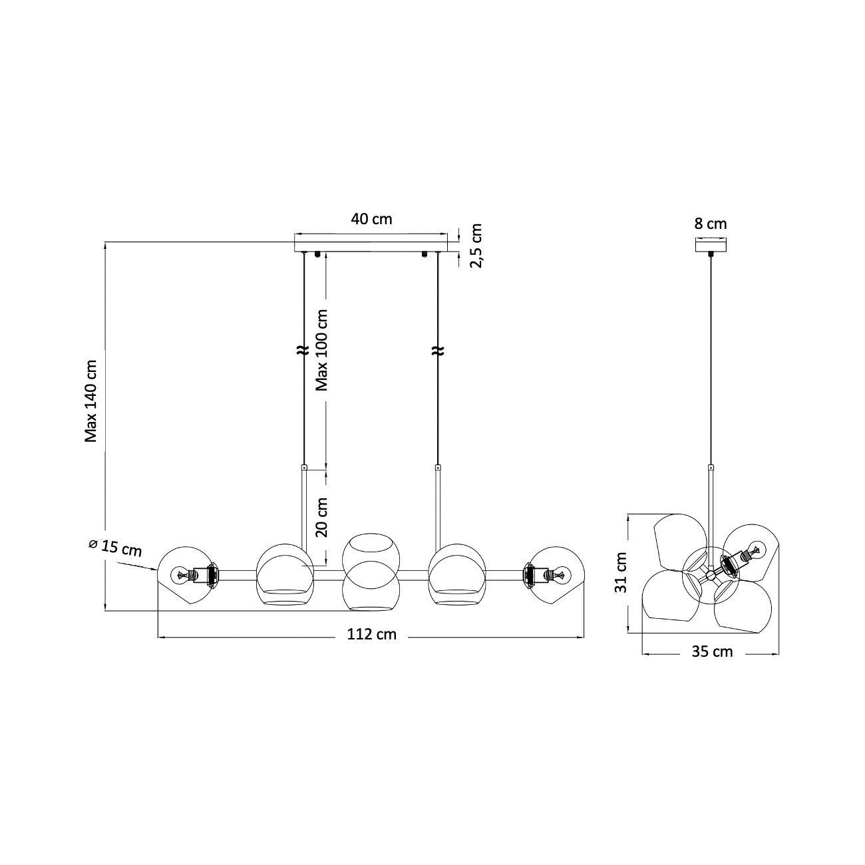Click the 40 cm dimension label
click(371, 219)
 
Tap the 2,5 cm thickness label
click(475, 246)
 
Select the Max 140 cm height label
click(91, 401)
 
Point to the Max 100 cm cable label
click(322, 350)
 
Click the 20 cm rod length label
click(322, 517)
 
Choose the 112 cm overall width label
click(372, 634)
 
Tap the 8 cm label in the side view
click(711, 224)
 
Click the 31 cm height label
click(621, 572)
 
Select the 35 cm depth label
click(712, 651)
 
